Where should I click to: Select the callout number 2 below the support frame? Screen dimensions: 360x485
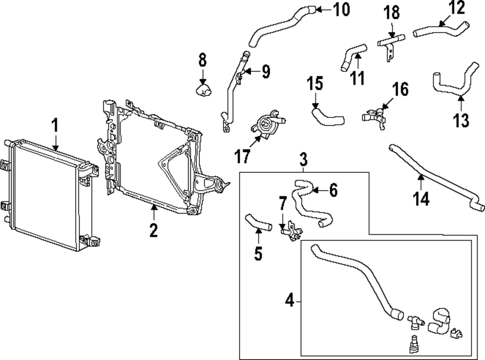click(153, 230)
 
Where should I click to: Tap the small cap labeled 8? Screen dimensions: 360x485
click(204, 89)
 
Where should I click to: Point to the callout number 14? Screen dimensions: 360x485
click(421, 198)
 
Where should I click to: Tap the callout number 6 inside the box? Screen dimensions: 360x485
click(333, 191)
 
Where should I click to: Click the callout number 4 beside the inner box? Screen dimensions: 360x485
click(290, 301)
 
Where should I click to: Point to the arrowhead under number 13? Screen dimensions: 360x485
click(461, 99)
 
